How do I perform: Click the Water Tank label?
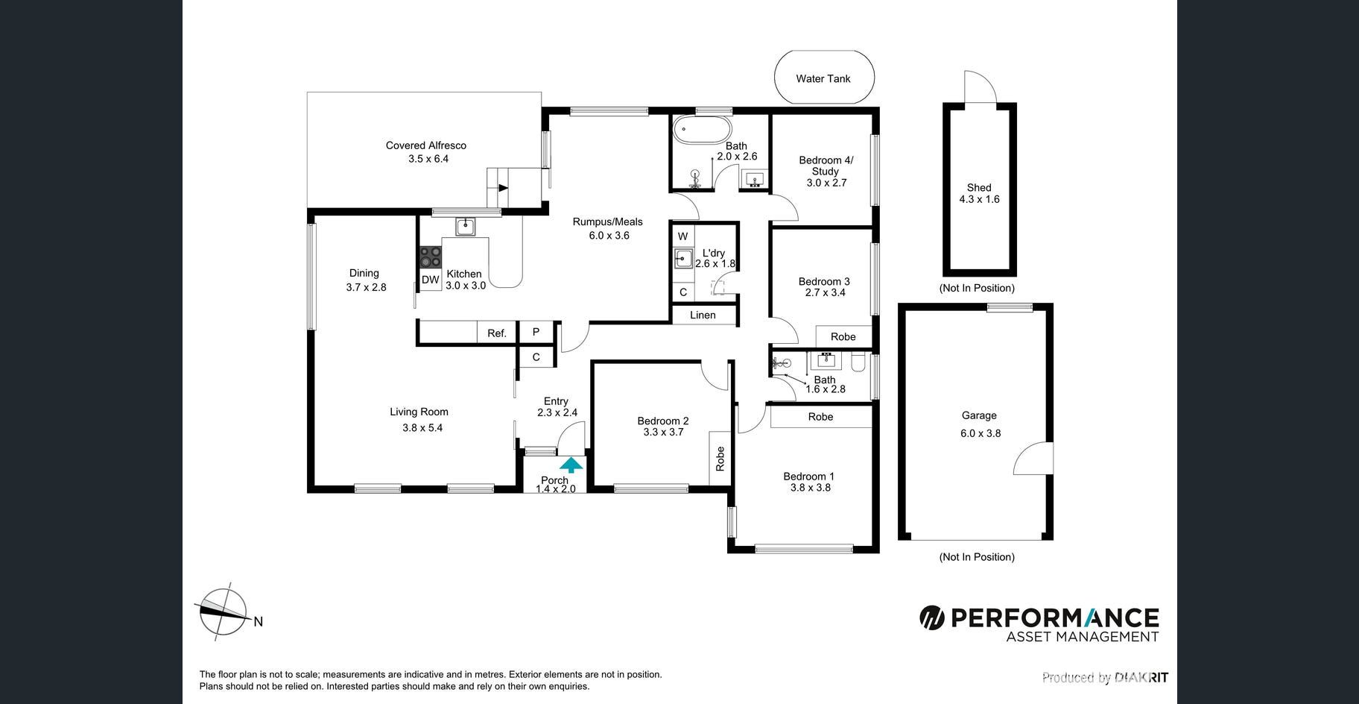(823, 78)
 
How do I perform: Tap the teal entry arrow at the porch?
(571, 465)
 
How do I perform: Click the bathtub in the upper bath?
(702, 129)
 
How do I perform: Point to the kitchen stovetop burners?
(430, 257)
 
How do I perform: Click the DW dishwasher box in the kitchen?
(430, 280)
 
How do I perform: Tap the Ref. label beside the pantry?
(497, 333)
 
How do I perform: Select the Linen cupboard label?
(703, 315)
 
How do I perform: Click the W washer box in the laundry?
(682, 236)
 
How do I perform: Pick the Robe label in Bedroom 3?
(843, 337)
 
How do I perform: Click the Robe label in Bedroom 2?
(720, 459)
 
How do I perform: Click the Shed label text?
(979, 188)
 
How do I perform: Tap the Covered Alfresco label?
(426, 145)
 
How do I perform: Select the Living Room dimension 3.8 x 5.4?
(422, 428)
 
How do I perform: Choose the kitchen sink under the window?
(466, 226)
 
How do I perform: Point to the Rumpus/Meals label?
(607, 221)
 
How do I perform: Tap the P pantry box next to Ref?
(536, 332)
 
